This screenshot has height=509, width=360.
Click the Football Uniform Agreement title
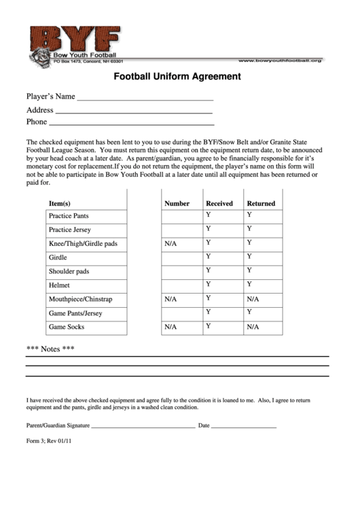177,77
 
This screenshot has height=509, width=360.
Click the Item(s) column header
60,203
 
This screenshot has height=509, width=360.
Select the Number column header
177,203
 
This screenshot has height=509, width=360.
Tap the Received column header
219,203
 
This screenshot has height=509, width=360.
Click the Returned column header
261,203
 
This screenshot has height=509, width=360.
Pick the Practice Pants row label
69,216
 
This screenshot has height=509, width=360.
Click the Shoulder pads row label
69,271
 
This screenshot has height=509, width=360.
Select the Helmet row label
59,285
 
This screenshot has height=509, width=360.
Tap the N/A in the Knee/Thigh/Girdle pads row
170,243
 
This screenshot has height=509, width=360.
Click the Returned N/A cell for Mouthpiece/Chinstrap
253,299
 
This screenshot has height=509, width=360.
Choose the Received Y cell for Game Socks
209,326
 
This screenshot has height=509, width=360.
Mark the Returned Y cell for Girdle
249,256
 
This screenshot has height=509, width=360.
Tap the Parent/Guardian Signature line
143,427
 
